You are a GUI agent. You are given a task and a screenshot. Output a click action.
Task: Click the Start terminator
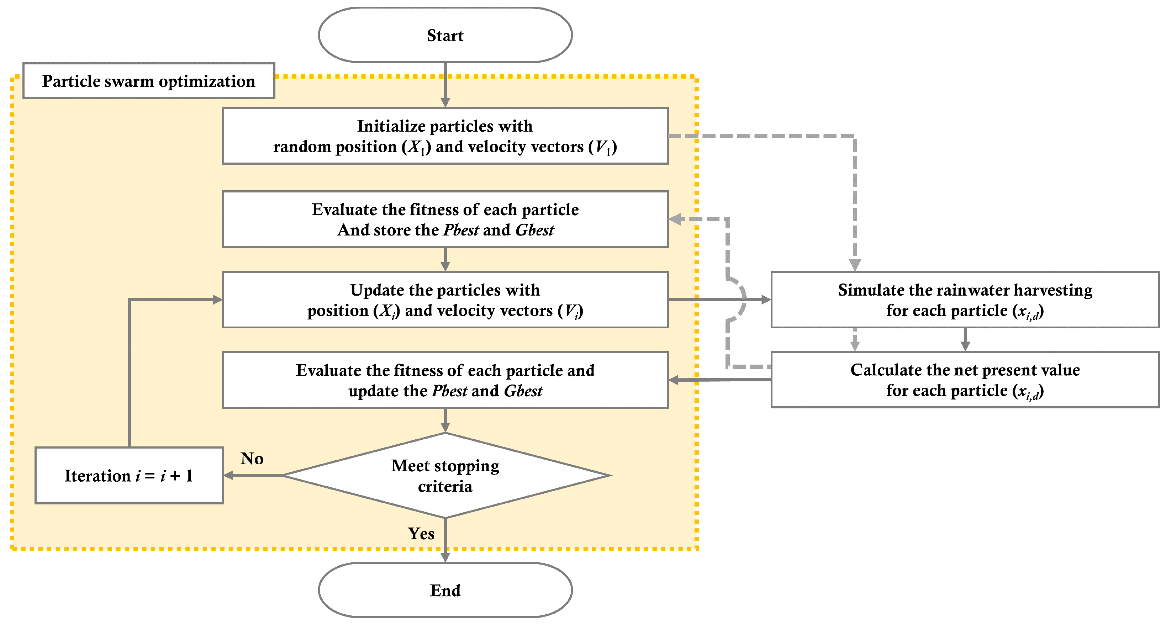click(445, 35)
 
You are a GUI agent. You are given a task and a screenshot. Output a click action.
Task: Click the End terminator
click(445, 590)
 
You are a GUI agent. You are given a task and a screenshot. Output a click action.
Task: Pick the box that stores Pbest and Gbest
click(445, 219)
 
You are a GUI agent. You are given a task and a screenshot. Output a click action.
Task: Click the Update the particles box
click(445, 300)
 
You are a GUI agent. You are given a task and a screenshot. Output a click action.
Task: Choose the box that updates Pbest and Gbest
click(445, 380)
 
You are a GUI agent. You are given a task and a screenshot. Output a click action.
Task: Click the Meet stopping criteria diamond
click(445, 475)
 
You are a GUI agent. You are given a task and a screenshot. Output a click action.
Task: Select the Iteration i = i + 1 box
click(130, 475)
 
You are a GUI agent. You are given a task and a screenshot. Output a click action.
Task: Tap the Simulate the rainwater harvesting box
click(965, 300)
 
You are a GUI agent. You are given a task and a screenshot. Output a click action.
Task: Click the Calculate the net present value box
click(965, 380)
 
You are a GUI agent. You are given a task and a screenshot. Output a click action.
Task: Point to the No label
click(252, 459)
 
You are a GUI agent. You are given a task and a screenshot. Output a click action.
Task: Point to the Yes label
click(421, 534)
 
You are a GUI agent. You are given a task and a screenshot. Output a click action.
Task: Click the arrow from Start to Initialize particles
click(445, 85)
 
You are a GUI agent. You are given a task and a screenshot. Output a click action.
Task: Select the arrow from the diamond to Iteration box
click(253, 475)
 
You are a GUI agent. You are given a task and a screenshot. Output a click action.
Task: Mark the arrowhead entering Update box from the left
click(218, 300)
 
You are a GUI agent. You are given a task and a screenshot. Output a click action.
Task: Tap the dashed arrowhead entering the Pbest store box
click(675, 219)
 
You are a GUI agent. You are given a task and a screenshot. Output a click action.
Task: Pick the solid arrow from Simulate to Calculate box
click(965, 339)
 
